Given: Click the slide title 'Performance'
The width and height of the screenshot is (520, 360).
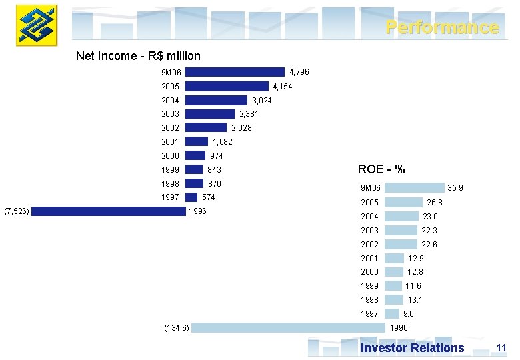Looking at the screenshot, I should (442, 27).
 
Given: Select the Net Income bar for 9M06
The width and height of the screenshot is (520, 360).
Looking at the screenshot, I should (235, 72).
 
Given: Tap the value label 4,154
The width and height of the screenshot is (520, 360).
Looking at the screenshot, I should (282, 87).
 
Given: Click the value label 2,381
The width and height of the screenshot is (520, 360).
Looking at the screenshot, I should (249, 114).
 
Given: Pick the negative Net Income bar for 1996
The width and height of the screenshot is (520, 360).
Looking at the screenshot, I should (108, 211).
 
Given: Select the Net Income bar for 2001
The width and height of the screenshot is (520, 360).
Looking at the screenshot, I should (197, 142).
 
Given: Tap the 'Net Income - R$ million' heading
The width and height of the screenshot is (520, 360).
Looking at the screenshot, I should (138, 56).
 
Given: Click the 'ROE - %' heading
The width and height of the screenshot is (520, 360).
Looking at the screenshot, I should (381, 169).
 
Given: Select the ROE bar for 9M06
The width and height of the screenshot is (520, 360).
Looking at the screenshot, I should (414, 189).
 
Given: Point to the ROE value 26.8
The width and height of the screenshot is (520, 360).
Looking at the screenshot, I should (434, 203).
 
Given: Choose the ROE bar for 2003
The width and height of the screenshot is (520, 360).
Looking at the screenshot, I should (401, 231).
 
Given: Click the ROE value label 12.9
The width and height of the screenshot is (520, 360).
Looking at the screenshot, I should (415, 259).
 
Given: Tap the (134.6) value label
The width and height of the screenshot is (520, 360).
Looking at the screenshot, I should (177, 328).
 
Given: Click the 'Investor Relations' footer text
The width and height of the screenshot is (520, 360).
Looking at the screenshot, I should (412, 348).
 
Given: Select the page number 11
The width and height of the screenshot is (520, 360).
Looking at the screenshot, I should (501, 348).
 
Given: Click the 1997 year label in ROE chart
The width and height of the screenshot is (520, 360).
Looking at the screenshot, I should (369, 314).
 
